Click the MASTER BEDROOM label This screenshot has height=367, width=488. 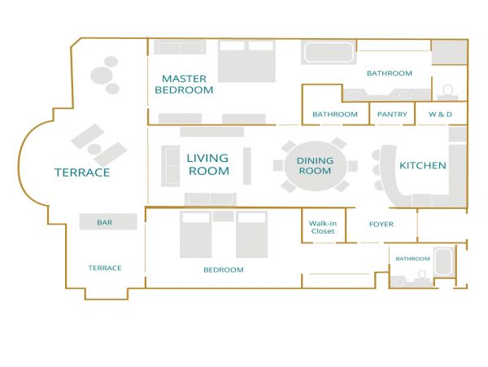(x=184, y=84)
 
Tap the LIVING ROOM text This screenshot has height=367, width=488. (x=208, y=164)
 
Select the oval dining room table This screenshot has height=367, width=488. (x=316, y=166)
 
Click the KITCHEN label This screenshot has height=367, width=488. (x=423, y=165)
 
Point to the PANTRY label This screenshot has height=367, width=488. (x=392, y=114)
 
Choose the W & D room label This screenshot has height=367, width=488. (x=440, y=114)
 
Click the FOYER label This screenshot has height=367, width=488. (x=381, y=224)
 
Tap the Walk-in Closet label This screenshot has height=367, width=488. (x=323, y=227)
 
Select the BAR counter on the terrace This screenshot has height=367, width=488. (x=108, y=221)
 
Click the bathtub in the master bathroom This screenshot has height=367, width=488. (x=329, y=52)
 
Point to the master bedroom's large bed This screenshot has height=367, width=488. (x=246, y=61)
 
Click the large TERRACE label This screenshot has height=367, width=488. (x=82, y=173)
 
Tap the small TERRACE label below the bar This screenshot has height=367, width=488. (x=105, y=268)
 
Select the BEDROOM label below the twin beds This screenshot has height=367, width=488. (x=224, y=270)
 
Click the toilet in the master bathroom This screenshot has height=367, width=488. (x=448, y=92)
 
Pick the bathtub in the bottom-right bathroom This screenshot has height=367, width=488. (x=444, y=261)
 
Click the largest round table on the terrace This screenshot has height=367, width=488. (x=102, y=76)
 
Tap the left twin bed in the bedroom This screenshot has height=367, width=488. (x=196, y=234)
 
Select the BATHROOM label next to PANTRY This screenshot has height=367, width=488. (x=335, y=114)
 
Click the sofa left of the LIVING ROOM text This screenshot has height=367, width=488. (x=171, y=166)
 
